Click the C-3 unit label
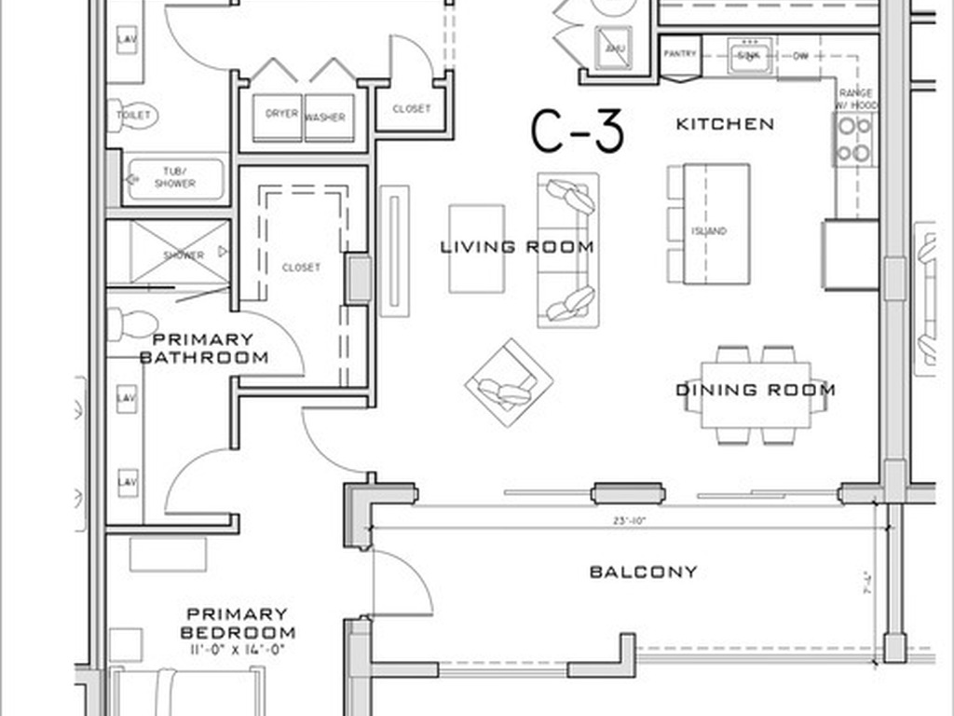(577, 131)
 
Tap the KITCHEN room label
(724, 124)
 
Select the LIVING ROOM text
(517, 247)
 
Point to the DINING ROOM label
(755, 390)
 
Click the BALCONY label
(643, 571)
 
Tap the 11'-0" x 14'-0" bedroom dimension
(236, 651)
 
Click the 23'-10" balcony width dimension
(630, 521)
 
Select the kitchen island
(716, 224)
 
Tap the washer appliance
(328, 117)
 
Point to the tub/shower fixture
(175, 178)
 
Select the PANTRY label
(679, 54)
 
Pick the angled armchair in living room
(509, 382)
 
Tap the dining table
(755, 394)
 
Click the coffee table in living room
(476, 249)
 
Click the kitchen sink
(748, 54)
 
